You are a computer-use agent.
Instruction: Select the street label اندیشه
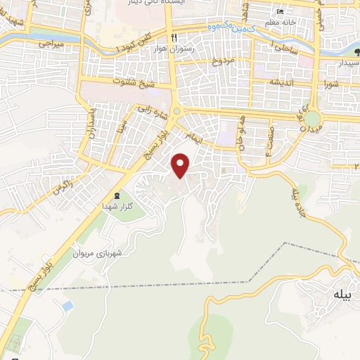click(x=262, y=82)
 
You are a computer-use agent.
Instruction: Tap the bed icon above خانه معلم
click(x=281, y=11)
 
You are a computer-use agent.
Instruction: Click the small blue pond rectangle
click(x=67, y=307)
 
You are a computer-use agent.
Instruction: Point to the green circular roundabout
click(x=311, y=118)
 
